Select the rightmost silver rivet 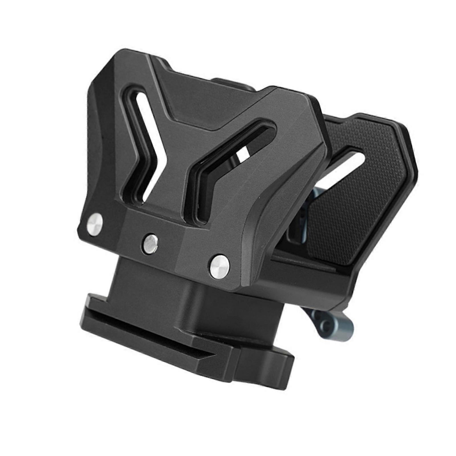220,265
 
